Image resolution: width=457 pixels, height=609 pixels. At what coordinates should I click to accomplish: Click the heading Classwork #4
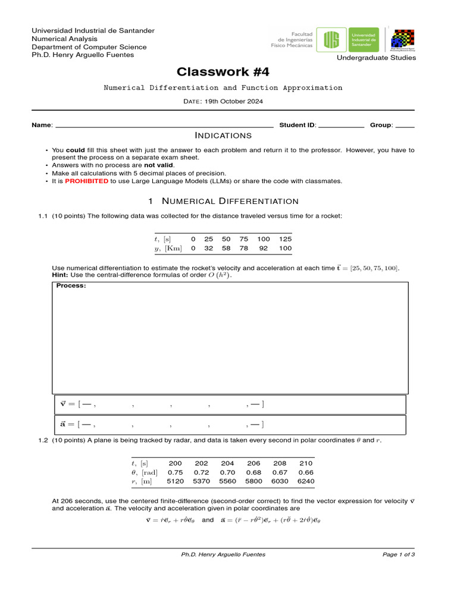pyautogui.click(x=223, y=72)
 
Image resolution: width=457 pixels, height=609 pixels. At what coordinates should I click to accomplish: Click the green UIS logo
pyautogui.click(x=331, y=40)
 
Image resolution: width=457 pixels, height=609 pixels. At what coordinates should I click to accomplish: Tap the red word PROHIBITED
pyautogui.click(x=86, y=181)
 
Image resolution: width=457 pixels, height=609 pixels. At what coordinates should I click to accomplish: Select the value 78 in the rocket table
pyautogui.click(x=244, y=248)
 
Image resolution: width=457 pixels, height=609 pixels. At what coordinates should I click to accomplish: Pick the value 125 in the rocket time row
pyautogui.click(x=285, y=238)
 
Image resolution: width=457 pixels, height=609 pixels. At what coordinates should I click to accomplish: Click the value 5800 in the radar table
pyautogui.click(x=253, y=481)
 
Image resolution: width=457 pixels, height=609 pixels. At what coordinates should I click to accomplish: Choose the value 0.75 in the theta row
pyautogui.click(x=175, y=472)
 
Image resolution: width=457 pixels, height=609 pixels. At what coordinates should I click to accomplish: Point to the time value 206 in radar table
pyautogui.click(x=253, y=463)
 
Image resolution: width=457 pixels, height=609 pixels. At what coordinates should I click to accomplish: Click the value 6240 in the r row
pyautogui.click(x=305, y=481)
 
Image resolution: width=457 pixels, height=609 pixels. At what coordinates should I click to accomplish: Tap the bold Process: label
pyautogui.click(x=71, y=285)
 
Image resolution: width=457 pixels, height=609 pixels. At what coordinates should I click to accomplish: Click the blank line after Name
pyautogui.click(x=164, y=126)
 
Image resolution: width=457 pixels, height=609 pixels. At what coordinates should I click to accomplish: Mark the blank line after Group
pyautogui.click(x=405, y=126)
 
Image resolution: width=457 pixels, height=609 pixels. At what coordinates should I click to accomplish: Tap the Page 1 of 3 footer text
pyautogui.click(x=398, y=554)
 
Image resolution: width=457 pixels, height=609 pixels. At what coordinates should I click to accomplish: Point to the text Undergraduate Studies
pyautogui.click(x=376, y=58)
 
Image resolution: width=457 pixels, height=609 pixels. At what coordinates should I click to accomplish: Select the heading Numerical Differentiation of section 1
pyautogui.click(x=230, y=201)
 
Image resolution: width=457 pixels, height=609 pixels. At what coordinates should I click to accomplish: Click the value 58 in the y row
pyautogui.click(x=226, y=248)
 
